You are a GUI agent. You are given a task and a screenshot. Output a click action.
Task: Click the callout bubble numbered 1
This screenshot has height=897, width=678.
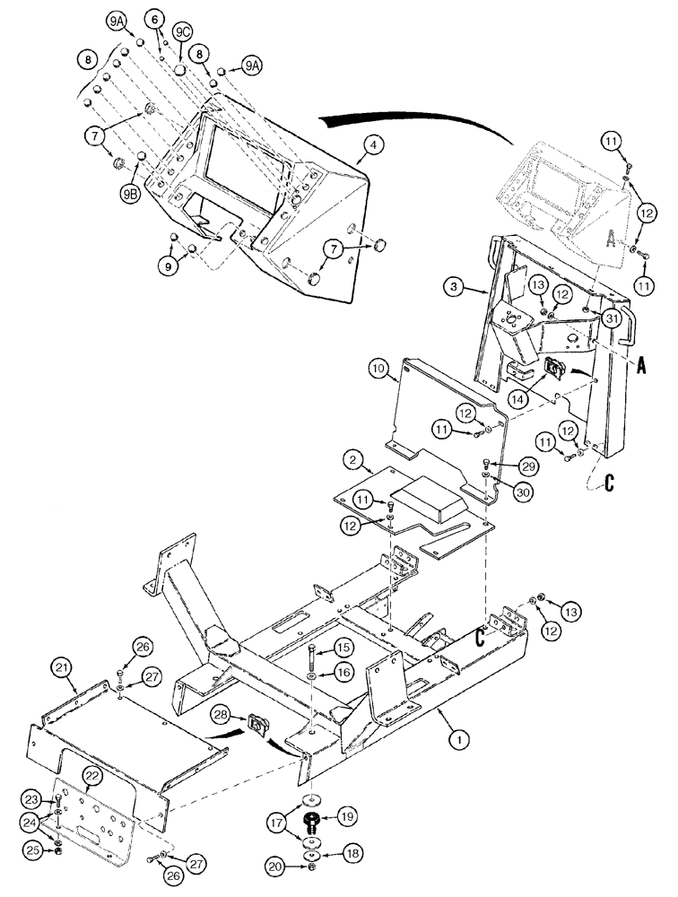pyautogui.click(x=458, y=740)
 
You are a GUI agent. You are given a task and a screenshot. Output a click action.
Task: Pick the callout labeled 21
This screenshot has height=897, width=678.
pyautogui.click(x=61, y=666)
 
